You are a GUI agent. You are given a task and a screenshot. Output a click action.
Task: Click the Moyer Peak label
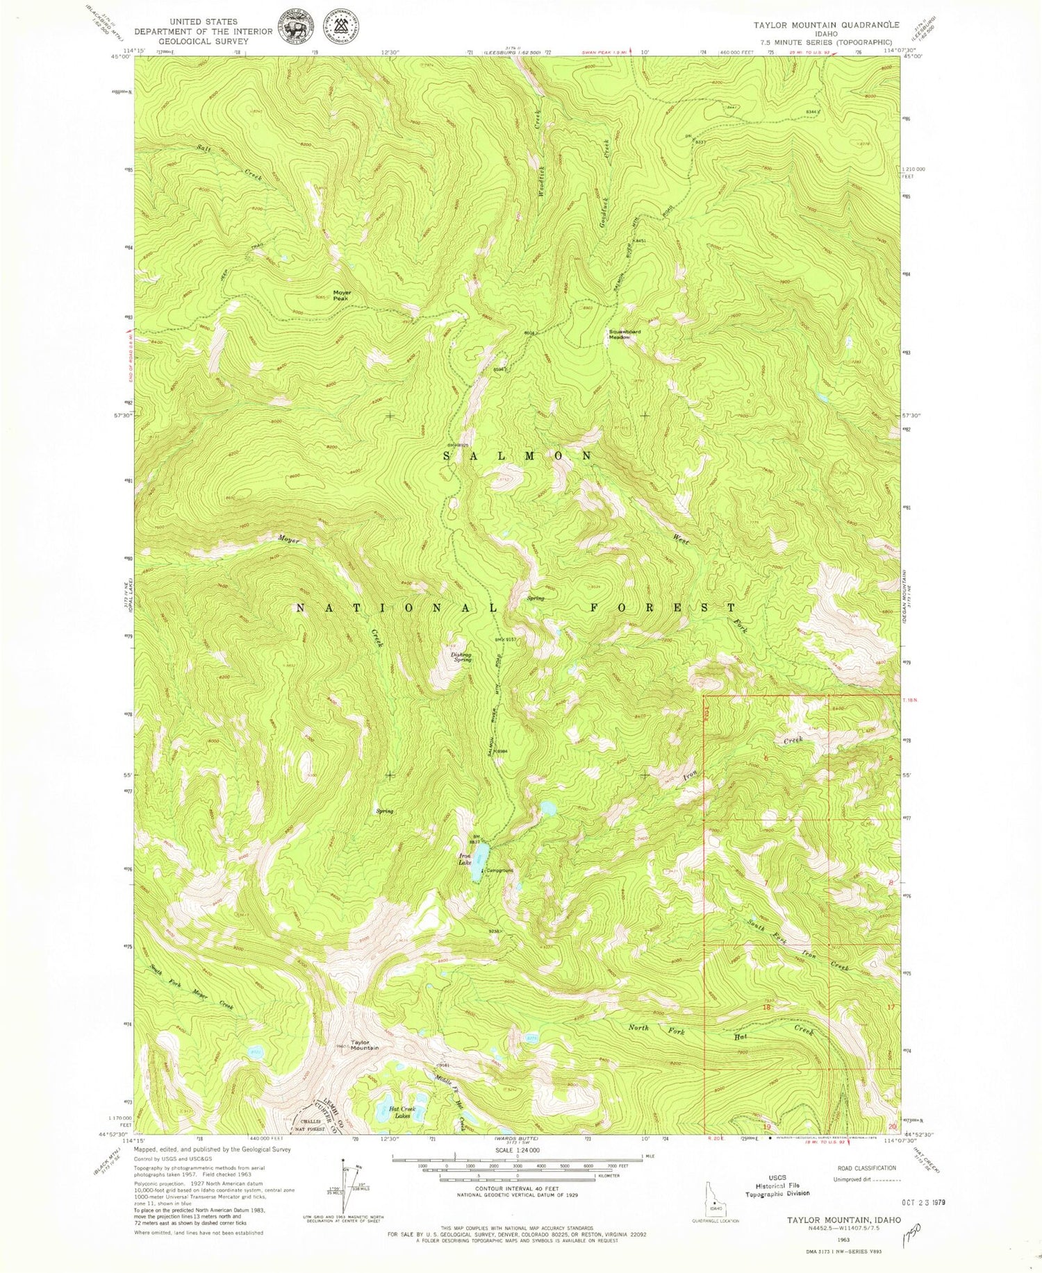point(342,295)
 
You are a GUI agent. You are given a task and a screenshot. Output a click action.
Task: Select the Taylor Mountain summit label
point(364,1045)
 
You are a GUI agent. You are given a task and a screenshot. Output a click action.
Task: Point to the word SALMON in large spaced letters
point(518,456)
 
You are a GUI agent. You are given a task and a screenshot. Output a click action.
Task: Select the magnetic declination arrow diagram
point(343,1180)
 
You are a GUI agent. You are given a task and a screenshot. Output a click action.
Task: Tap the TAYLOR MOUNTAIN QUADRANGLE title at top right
point(826,24)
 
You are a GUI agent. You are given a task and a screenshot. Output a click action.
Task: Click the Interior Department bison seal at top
point(297,26)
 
